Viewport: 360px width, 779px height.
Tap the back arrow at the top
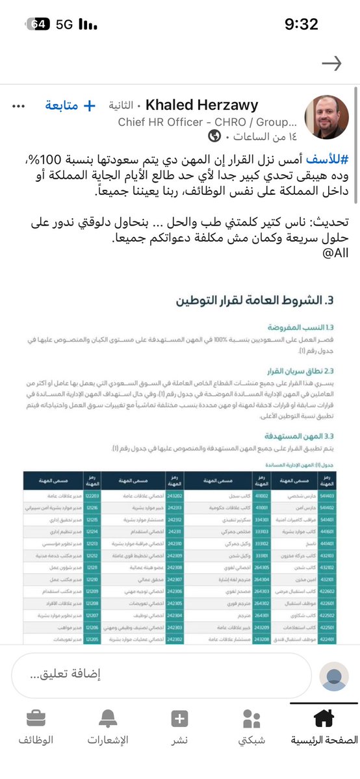(331, 63)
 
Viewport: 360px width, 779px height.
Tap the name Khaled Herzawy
(202, 105)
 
